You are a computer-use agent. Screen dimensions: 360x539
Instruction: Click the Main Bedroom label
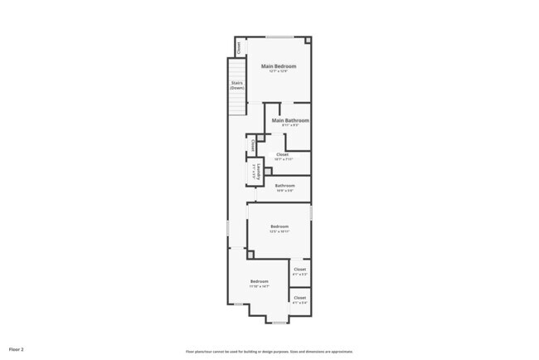[x=279, y=66]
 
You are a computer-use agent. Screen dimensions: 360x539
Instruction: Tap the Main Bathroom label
[x=290, y=120]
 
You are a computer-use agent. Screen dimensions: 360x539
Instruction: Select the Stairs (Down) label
[x=237, y=85]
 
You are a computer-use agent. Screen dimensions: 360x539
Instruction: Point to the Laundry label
[x=260, y=172]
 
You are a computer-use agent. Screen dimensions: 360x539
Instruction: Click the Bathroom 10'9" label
[x=285, y=185]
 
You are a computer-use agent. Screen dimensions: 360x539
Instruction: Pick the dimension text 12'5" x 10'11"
[x=279, y=231]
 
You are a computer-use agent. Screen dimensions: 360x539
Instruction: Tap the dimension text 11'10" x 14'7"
[x=260, y=286]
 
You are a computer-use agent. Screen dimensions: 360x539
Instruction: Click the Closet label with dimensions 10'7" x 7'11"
[x=282, y=154]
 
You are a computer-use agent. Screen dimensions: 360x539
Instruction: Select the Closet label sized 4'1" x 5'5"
[x=299, y=269]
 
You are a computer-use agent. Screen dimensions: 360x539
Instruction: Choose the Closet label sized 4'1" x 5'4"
[x=299, y=297]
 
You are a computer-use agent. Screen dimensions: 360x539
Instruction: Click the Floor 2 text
[x=17, y=349]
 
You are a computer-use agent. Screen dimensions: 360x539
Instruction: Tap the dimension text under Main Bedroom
[x=279, y=71]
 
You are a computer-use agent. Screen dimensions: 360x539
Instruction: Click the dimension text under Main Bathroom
[x=290, y=125]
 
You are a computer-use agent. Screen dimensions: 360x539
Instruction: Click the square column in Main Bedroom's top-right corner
[x=307, y=39]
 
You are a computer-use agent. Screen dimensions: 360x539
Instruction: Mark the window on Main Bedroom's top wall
[x=279, y=36]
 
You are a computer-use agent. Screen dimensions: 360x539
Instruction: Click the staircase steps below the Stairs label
[x=237, y=103]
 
